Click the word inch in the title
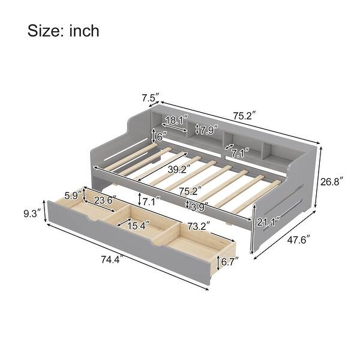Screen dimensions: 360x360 (82, 31)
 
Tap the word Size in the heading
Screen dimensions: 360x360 (47, 31)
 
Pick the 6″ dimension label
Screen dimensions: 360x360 (161, 136)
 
